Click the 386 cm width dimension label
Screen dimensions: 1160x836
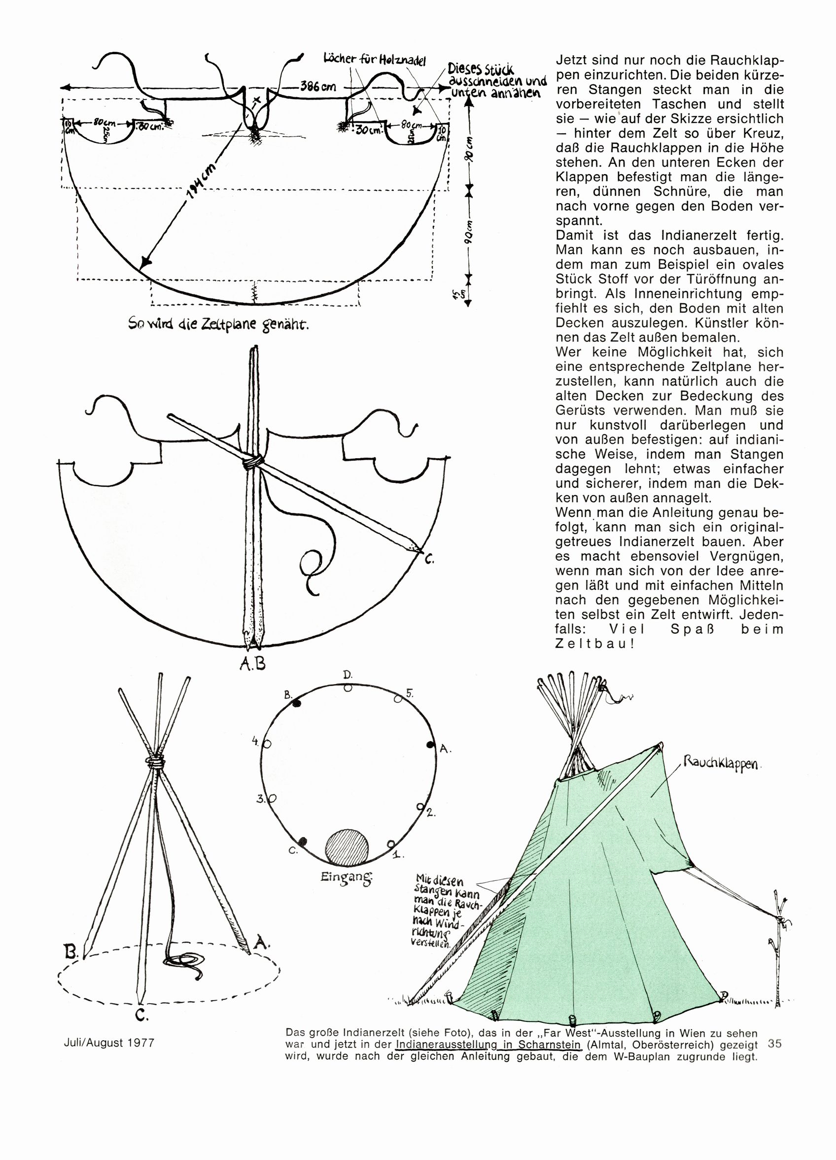click(x=318, y=86)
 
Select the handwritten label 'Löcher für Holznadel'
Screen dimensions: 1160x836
click(x=374, y=59)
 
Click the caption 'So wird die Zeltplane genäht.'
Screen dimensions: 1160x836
click(x=219, y=326)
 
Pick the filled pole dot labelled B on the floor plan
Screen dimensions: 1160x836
click(x=297, y=704)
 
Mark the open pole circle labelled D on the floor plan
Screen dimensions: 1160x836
click(x=348, y=688)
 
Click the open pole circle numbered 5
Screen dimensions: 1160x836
click(x=397, y=699)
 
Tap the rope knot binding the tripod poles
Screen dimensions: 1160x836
click(x=156, y=763)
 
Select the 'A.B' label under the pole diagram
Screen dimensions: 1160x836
click(x=252, y=664)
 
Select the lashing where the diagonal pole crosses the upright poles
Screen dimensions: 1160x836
click(x=252, y=461)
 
